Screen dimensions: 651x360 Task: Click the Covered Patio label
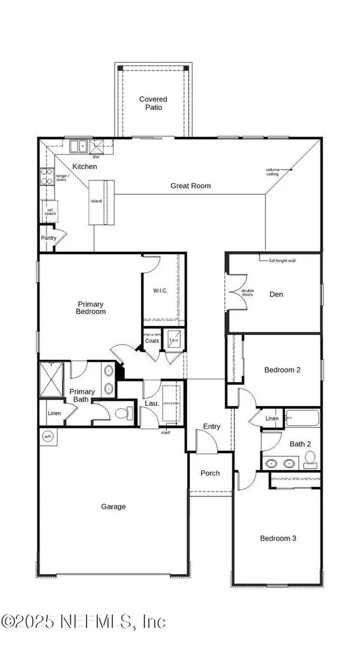pyautogui.click(x=153, y=103)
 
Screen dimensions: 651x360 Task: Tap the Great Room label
pyautogui.click(x=190, y=186)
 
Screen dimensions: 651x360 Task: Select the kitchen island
pyautogui.click(x=99, y=202)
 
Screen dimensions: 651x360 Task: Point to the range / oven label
pyautogui.click(x=61, y=177)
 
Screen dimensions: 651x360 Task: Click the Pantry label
pyautogui.click(x=49, y=238)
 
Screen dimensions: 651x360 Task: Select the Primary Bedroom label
pyautogui.click(x=92, y=308)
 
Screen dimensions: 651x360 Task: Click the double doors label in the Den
pyautogui.click(x=247, y=293)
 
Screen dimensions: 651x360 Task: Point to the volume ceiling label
pyautogui.click(x=273, y=171)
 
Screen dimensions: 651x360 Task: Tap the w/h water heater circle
pyautogui.click(x=48, y=436)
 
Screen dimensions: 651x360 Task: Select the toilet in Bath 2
pyautogui.click(x=310, y=458)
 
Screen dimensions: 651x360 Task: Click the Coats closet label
pyautogui.click(x=151, y=341)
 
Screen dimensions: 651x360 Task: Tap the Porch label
pyautogui.click(x=210, y=473)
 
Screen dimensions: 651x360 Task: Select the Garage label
pyautogui.click(x=113, y=507)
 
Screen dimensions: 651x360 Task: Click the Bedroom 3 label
pyautogui.click(x=278, y=538)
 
